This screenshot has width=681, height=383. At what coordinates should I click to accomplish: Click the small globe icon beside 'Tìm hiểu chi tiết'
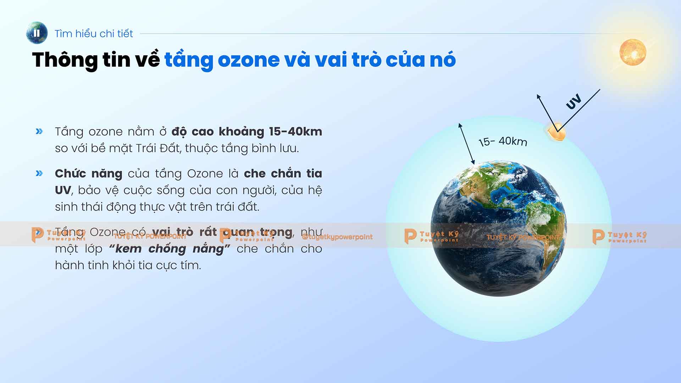(37, 33)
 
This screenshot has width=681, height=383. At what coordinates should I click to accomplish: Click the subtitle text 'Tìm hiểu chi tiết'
(94, 34)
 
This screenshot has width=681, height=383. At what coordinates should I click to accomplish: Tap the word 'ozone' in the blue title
(249, 60)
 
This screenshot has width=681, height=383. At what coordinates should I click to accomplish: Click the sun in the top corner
(632, 52)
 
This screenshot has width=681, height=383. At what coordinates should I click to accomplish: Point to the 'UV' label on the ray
(573, 101)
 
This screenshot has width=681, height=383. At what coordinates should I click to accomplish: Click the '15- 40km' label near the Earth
(503, 141)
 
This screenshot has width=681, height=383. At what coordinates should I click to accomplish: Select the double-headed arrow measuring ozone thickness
(466, 144)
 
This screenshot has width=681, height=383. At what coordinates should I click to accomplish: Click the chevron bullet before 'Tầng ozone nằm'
(39, 132)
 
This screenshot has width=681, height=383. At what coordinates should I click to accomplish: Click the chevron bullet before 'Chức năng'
(39, 173)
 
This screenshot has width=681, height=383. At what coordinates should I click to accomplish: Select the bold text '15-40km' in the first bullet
(295, 132)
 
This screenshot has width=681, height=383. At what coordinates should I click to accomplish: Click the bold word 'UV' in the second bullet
(63, 190)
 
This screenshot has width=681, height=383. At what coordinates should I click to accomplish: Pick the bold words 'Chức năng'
(88, 174)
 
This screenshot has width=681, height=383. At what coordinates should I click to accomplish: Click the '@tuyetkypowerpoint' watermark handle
(337, 237)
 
